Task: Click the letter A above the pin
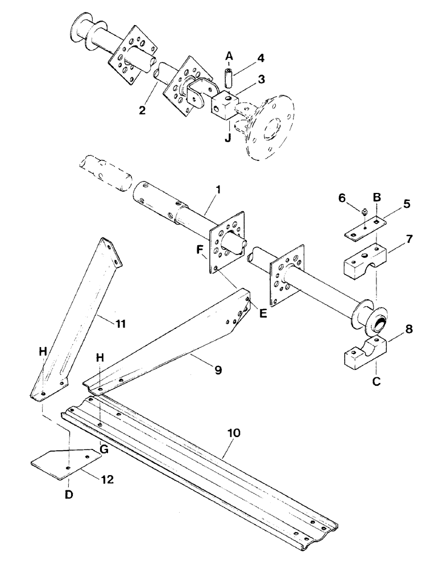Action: [x=229, y=56]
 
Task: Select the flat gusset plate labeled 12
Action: [x=63, y=460]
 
